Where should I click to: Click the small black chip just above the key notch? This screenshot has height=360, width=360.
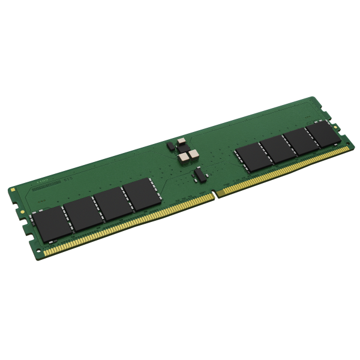[x=199, y=175]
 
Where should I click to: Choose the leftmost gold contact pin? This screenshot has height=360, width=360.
[x=45, y=253]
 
